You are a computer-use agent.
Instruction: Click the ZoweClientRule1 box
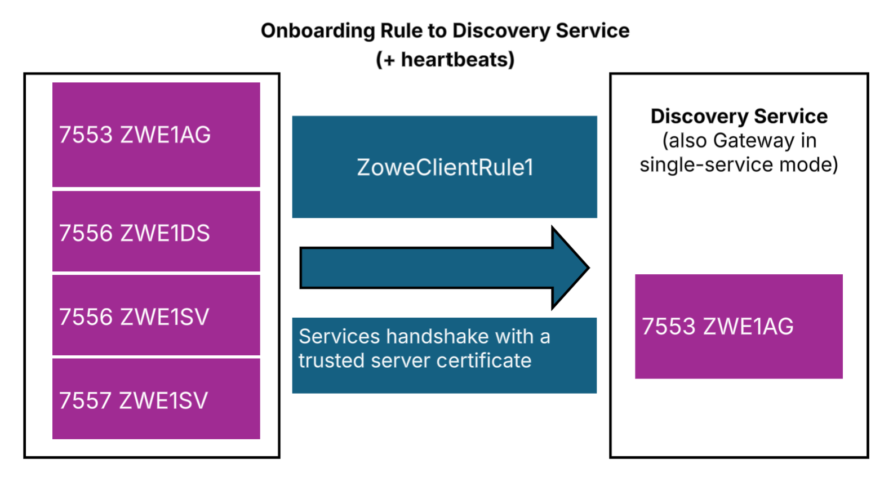[444, 167]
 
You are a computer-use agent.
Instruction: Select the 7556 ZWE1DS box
[156, 231]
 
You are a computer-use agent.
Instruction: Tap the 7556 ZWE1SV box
[156, 315]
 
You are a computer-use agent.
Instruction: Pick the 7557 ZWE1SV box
[156, 399]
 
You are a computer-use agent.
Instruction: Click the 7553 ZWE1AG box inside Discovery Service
[738, 326]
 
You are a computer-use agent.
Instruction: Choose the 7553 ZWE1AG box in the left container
[156, 135]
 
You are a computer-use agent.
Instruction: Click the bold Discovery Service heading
[739, 116]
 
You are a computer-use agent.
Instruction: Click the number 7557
[86, 401]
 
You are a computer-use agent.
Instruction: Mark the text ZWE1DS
[165, 233]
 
